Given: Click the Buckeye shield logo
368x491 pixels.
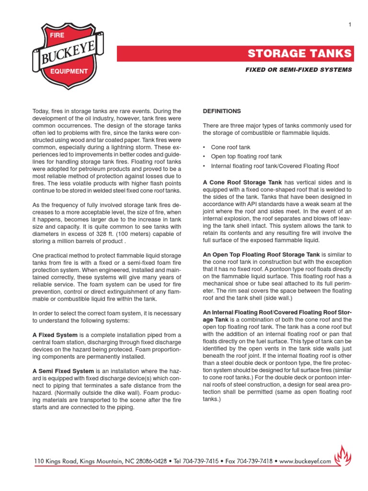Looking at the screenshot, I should [68, 53].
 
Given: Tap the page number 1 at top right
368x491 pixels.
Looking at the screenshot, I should [350, 25].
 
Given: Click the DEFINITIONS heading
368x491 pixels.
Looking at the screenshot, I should [222, 111].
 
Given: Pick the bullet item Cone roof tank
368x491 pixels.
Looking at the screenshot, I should [230, 147].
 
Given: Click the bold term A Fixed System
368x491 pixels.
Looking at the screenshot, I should [55, 335].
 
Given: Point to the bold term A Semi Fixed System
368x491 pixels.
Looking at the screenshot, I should [63, 371].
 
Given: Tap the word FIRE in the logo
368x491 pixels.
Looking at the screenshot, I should [51, 36].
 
